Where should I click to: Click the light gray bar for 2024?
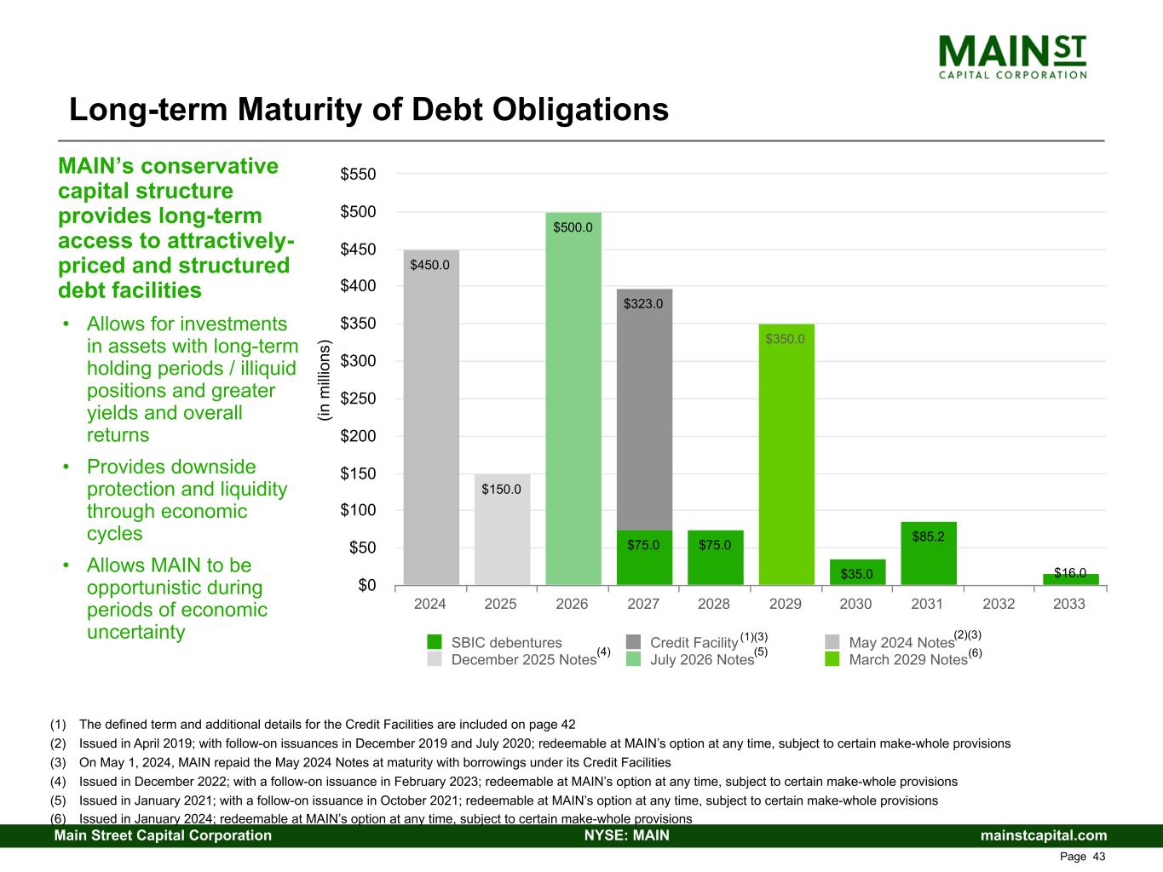430,417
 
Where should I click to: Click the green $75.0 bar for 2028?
715,558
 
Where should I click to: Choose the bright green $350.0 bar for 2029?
786,455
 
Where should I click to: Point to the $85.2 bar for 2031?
928,554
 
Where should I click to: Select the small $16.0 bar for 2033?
1070,580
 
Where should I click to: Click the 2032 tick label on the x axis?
999,604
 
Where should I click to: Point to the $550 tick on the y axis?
358,175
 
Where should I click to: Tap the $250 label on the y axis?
358,399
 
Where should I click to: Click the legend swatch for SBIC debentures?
435,642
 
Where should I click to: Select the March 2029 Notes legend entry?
907,659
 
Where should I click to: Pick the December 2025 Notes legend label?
523,659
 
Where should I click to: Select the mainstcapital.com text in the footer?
1044,835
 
